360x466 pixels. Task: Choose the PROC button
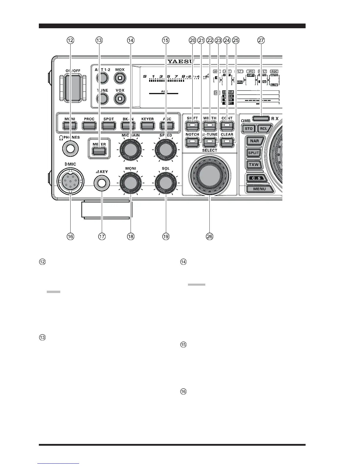[x=89, y=125]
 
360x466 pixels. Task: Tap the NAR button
[x=254, y=141]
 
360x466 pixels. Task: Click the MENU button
[x=259, y=189]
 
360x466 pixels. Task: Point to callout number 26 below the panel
[x=210, y=236]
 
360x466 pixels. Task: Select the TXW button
[x=254, y=165]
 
